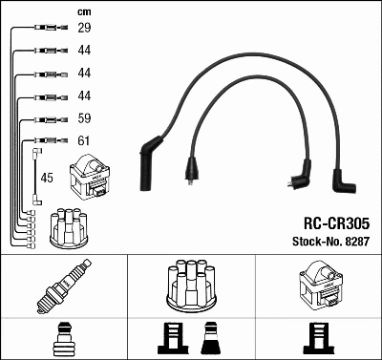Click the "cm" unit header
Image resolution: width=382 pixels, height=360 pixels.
tap(83, 11)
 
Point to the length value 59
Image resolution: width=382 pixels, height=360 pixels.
tap(84, 120)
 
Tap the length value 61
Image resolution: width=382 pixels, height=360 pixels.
tap(84, 142)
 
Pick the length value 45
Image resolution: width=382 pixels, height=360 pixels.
tap(47, 178)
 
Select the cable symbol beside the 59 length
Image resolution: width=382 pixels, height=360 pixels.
tap(46, 120)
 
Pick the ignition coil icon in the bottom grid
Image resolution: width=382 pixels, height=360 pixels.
tap(318, 284)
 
